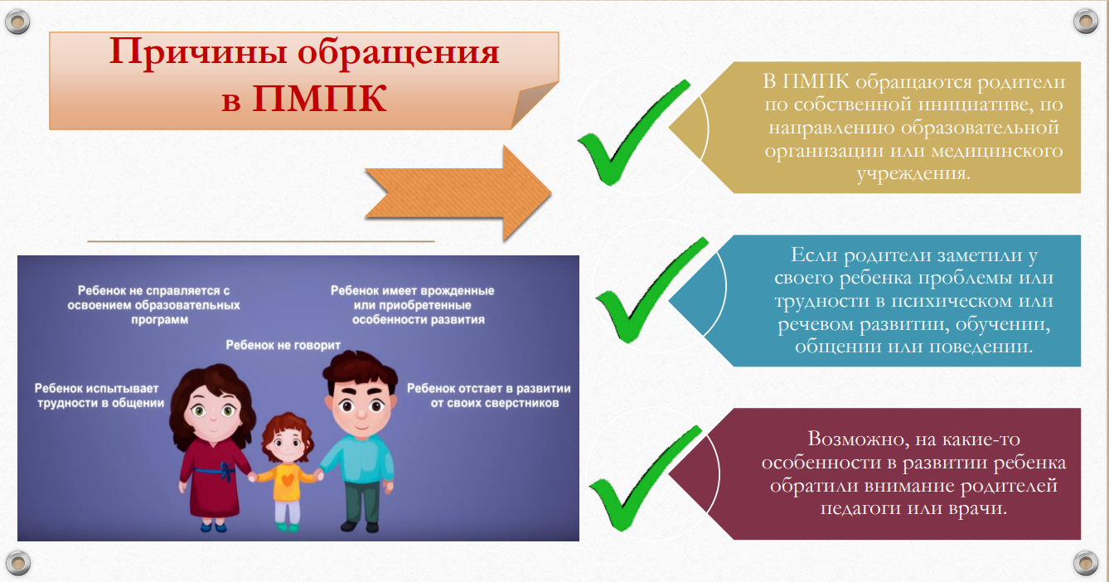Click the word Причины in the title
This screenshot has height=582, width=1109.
tap(197, 52)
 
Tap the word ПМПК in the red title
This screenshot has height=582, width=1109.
tap(319, 99)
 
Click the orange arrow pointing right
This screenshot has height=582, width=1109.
tap(458, 193)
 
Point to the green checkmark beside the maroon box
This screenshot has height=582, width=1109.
tap(646, 478)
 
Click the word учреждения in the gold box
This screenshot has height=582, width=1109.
tap(913, 174)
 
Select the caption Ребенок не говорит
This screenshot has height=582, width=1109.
tap(283, 345)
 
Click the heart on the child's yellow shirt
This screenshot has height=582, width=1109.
tap(288, 479)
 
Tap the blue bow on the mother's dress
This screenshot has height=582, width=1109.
tap(227, 472)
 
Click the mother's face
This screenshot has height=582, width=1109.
tap(213, 411)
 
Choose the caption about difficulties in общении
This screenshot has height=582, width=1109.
tap(99, 395)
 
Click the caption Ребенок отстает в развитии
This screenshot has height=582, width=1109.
tap(489, 395)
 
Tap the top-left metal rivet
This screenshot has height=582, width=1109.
tap(17, 22)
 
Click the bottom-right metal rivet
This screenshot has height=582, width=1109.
tap(1086, 563)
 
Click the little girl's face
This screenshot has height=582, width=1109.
tap(287, 443)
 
